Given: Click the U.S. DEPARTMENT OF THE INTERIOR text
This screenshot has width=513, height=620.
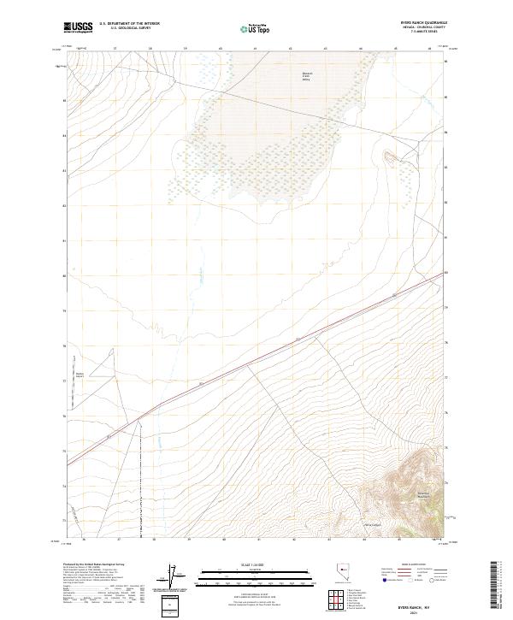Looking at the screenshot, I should pyautogui.click(x=129, y=24).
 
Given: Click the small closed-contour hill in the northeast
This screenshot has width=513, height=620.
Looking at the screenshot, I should pyautogui.click(x=389, y=156).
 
